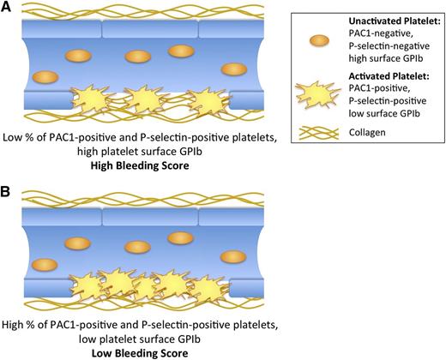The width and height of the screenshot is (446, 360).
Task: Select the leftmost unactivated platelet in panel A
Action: click(x=41, y=77)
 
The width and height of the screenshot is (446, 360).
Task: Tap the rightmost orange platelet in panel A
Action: click(x=231, y=69)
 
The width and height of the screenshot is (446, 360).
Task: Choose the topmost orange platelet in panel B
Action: click(x=178, y=237)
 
